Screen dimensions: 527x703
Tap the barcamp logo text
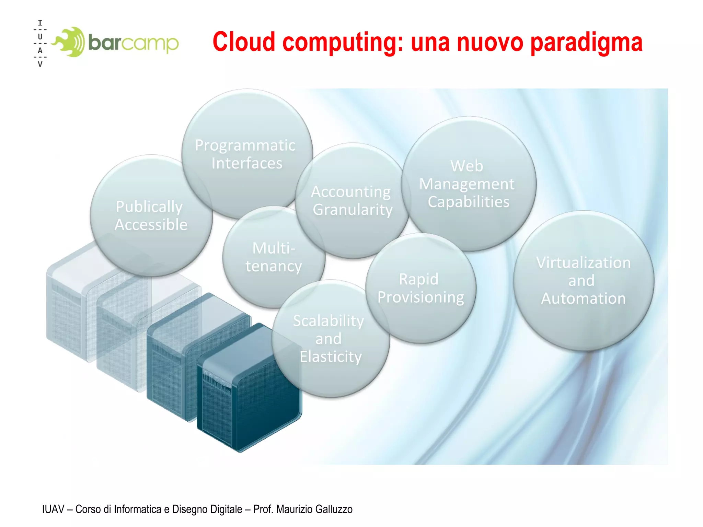click(x=134, y=43)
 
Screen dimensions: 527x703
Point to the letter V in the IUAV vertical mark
click(x=40, y=64)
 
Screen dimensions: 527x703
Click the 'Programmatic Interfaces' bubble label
click(x=246, y=154)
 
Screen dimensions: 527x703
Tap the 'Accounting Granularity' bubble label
click(x=352, y=200)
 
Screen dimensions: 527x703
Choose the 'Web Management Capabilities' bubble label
click(x=468, y=184)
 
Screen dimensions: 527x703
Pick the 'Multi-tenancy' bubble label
click(x=274, y=257)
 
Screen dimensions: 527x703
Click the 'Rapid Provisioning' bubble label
click(x=420, y=288)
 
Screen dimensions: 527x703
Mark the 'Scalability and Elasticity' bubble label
click(x=330, y=339)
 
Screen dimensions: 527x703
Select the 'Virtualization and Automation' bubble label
click(x=583, y=280)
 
